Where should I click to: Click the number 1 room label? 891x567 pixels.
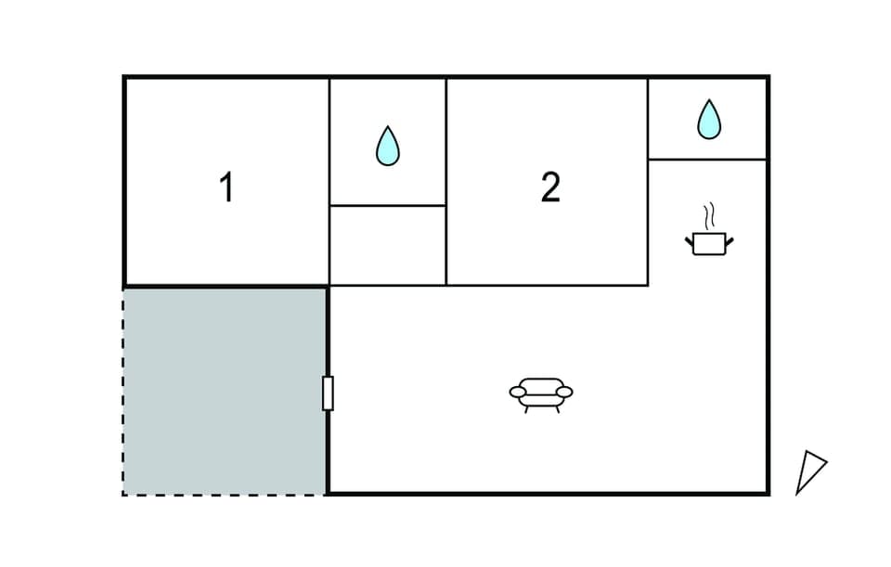click(226, 188)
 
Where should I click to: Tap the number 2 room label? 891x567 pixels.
click(550, 188)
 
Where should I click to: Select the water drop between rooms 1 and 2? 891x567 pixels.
click(388, 146)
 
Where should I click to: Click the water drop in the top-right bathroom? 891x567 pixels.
click(708, 119)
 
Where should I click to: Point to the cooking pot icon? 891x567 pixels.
click(709, 243)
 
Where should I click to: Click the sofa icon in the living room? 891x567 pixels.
click(541, 393)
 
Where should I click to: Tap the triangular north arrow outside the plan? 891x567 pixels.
click(809, 470)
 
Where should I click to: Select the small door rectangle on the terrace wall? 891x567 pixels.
click(328, 393)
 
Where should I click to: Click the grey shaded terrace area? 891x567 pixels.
click(225, 391)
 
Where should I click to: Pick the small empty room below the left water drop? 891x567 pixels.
click(388, 245)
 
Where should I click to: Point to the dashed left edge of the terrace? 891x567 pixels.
click(123, 391)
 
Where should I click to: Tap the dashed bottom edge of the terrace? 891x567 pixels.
click(225, 495)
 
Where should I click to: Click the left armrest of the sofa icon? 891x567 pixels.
click(516, 393)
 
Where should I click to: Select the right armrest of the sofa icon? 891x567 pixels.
click(566, 393)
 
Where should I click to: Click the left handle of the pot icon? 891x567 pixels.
click(690, 241)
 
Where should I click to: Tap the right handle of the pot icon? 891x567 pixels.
click(730, 241)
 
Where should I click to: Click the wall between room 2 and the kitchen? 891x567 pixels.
click(648, 223)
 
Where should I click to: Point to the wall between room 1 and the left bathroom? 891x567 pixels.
click(329, 181)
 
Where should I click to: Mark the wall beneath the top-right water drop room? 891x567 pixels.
click(708, 160)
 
